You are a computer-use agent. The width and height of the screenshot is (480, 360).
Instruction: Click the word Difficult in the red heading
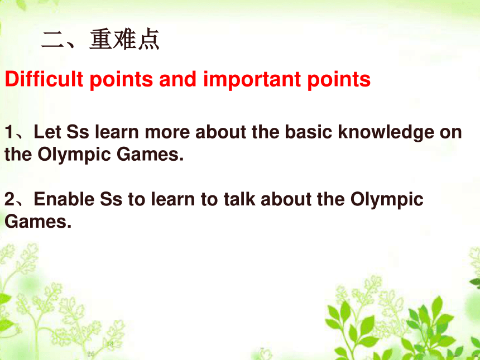[x=44, y=79]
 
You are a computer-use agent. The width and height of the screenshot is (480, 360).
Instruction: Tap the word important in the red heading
[x=252, y=79]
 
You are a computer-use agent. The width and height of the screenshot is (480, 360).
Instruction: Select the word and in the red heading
[x=177, y=79]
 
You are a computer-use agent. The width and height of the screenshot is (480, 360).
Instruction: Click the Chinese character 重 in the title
[x=101, y=39]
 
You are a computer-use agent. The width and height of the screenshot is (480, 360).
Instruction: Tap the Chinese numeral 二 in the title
[x=52, y=40]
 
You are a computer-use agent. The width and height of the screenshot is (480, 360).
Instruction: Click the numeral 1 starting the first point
[x=9, y=132]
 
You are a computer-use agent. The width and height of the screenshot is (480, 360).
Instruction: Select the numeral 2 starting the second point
[x=9, y=199]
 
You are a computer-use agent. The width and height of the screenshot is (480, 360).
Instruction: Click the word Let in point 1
[x=47, y=132]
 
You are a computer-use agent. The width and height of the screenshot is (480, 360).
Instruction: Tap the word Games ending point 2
[x=38, y=222]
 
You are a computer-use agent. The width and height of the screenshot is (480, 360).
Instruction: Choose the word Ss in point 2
[x=111, y=199]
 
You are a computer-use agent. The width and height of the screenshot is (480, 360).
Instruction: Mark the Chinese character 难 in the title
[x=125, y=39]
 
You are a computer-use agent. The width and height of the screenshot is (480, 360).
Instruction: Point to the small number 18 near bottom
[x=110, y=344]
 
